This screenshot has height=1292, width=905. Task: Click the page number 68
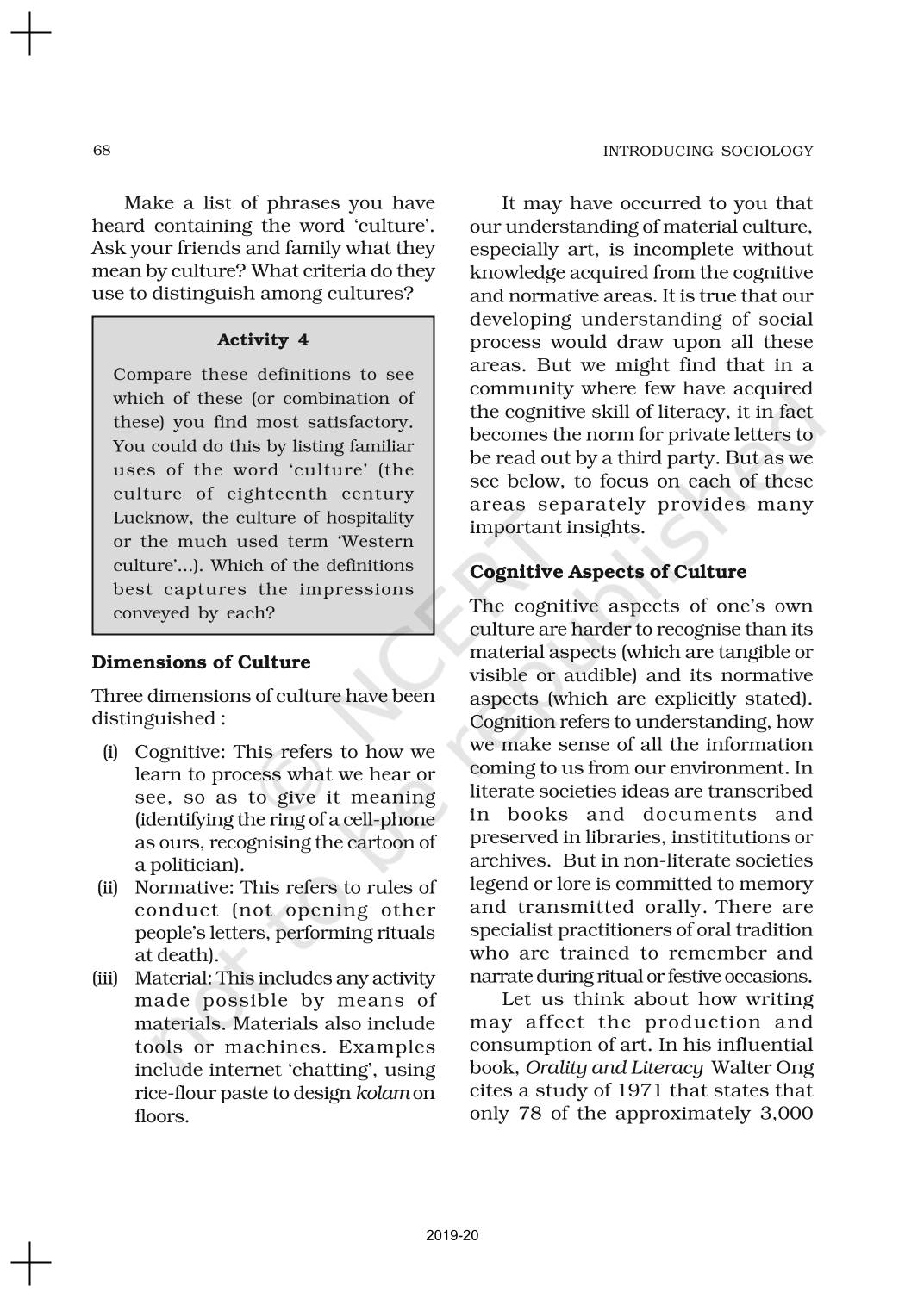(x=102, y=151)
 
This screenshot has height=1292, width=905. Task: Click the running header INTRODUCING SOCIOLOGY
(x=708, y=152)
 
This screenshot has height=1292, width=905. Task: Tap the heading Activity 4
(x=263, y=339)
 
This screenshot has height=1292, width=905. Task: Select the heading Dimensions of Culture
(x=201, y=662)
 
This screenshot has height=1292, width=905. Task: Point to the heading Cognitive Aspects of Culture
(x=608, y=572)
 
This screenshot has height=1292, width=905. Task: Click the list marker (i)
(x=110, y=752)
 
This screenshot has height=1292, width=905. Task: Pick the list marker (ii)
(x=108, y=887)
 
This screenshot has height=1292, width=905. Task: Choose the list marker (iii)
(x=105, y=978)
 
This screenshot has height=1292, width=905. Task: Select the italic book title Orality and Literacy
(x=615, y=1068)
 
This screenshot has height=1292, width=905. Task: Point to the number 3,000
(x=781, y=1114)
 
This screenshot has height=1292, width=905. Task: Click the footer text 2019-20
(x=452, y=1236)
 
